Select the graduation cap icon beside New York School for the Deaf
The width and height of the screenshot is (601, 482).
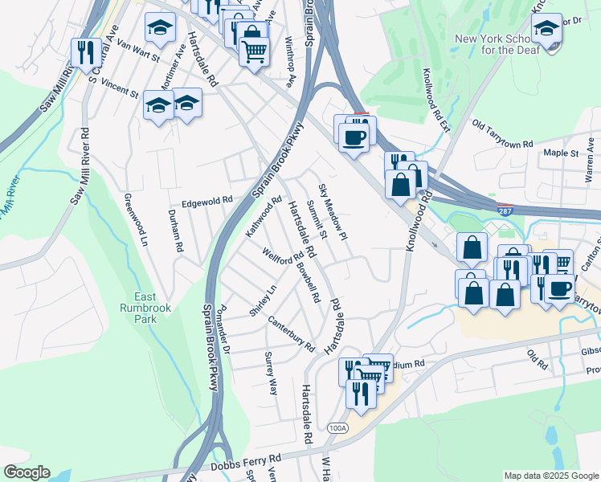click(x=546, y=32)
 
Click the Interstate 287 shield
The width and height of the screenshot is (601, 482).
click(x=504, y=210)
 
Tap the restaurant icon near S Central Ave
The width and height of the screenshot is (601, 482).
click(x=85, y=53)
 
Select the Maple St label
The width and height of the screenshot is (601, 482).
click(x=561, y=153)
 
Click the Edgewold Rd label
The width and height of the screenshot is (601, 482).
click(x=206, y=202)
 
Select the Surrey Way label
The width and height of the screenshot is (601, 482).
click(x=272, y=373)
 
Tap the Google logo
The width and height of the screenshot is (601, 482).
click(x=27, y=472)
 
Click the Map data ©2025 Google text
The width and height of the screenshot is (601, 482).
click(x=550, y=476)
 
